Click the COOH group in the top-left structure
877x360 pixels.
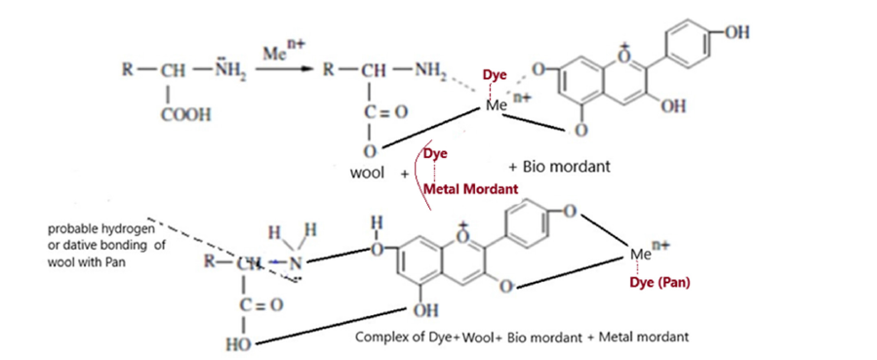click(x=185, y=116)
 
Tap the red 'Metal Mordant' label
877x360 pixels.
click(x=470, y=189)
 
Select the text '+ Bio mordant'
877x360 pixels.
click(x=559, y=167)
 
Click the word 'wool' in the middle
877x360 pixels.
click(x=367, y=173)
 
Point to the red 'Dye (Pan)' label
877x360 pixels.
click(x=660, y=283)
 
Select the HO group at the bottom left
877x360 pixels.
click(x=238, y=344)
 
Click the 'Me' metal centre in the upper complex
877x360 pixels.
click(x=496, y=105)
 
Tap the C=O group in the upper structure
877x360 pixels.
click(x=386, y=112)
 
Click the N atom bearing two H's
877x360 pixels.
click(x=295, y=262)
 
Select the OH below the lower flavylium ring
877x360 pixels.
click(x=425, y=310)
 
